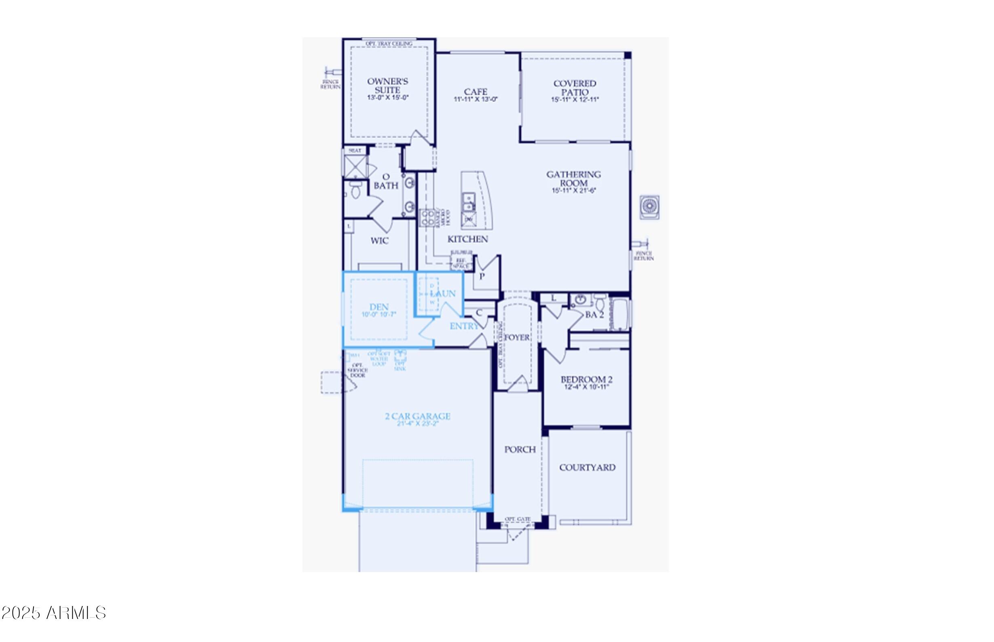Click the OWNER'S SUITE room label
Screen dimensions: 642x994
coord(387,85)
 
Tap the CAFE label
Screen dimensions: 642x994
coord(476,91)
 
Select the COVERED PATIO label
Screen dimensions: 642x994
coord(575,87)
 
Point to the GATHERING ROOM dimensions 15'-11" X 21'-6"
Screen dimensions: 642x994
coord(574,191)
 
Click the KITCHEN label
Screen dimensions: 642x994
coord(467,239)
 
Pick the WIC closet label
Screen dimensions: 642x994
coord(379,241)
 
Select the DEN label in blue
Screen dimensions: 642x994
coord(379,307)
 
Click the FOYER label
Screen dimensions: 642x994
coord(517,337)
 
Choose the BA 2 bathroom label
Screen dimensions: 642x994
coord(594,315)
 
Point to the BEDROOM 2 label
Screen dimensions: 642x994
coord(586,379)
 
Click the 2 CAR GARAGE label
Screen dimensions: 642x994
coord(418,416)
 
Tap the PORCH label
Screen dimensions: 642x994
coord(520,449)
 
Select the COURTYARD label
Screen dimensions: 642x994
coord(587,467)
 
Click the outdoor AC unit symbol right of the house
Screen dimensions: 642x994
coord(649,207)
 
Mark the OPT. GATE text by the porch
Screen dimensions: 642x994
coord(518,519)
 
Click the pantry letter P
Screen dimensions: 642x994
coord(482,276)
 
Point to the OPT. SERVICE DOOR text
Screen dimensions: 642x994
coord(357,370)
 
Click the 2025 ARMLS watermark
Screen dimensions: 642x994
coord(54,613)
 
